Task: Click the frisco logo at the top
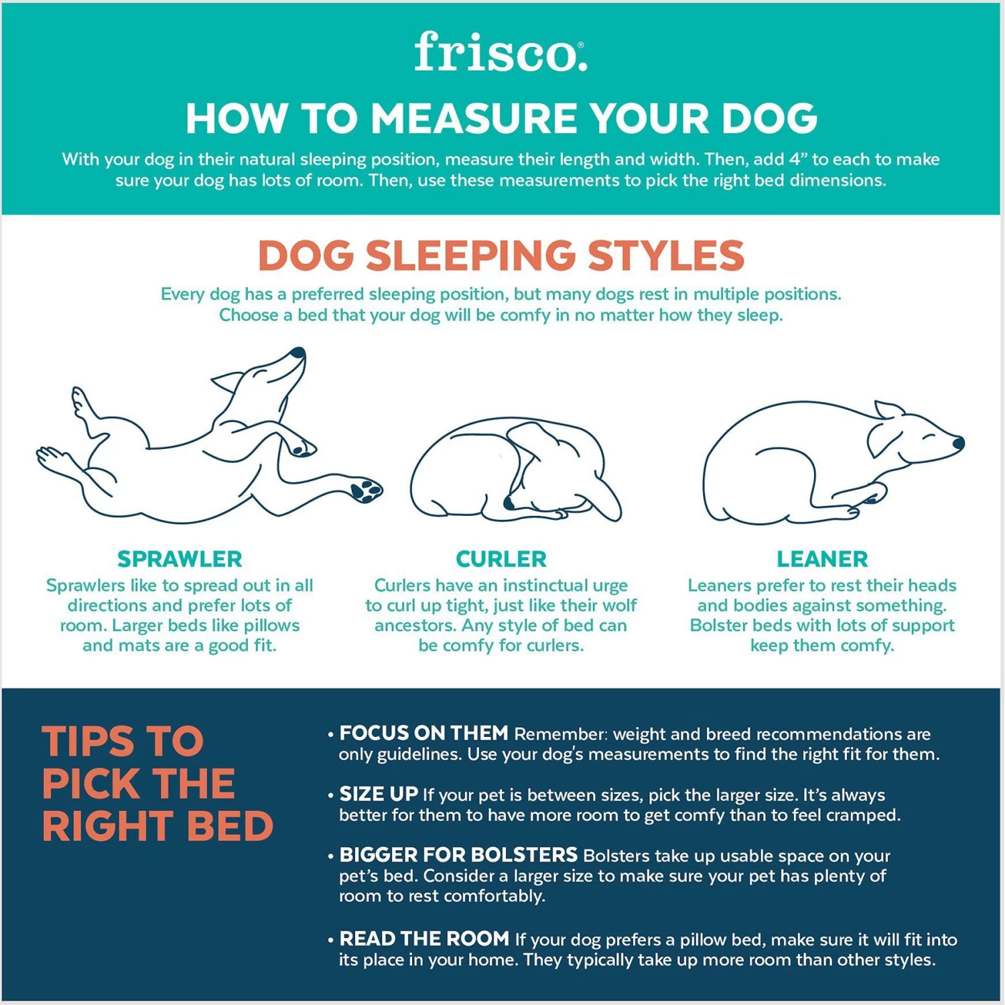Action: click(500, 52)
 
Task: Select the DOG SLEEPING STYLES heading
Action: click(501, 256)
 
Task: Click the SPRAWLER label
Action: click(180, 559)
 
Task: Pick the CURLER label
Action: click(501, 559)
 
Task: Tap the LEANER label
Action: click(822, 559)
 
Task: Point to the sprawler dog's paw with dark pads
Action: click(365, 490)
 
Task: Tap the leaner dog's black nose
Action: click(958, 442)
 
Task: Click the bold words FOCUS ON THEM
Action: click(423, 733)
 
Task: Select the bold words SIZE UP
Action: click(379, 794)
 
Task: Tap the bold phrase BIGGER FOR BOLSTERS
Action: click(458, 855)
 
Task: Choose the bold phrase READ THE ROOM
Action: click(424, 939)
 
